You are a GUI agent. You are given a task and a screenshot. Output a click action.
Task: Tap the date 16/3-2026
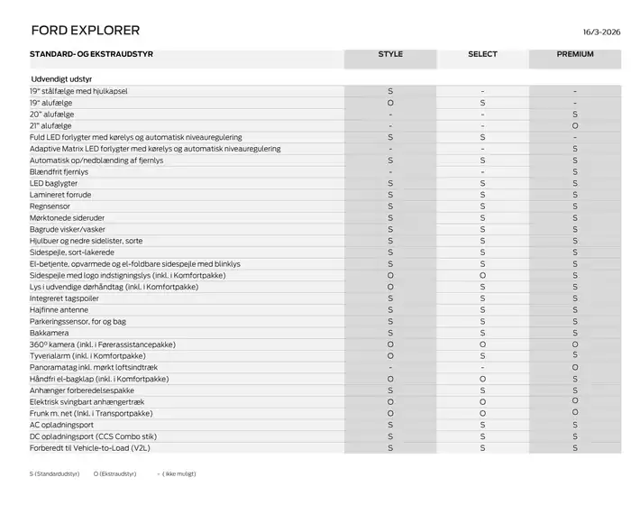point(600,30)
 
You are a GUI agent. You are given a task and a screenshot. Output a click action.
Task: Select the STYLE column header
point(390,54)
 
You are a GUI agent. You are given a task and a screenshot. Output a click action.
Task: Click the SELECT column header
point(482,54)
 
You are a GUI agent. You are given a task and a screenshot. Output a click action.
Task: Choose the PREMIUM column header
point(574,54)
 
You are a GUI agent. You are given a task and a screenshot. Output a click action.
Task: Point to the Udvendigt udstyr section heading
point(60,79)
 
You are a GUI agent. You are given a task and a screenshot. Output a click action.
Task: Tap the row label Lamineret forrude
point(60,195)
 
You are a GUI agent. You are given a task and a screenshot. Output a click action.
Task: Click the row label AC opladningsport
point(61,424)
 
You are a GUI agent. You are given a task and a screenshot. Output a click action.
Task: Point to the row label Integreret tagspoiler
point(64,298)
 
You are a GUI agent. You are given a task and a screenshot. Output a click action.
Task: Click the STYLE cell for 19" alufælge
point(390,104)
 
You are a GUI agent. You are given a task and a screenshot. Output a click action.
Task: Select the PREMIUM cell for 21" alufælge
point(574,126)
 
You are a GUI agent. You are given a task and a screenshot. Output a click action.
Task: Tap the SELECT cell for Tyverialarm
point(482,355)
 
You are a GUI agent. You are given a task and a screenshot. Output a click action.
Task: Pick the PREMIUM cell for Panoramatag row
point(574,367)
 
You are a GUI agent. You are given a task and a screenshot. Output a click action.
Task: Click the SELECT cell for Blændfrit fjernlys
point(482,171)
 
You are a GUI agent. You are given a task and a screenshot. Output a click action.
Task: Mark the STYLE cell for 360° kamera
point(390,344)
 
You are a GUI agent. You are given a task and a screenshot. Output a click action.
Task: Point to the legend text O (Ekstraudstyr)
point(114,473)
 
